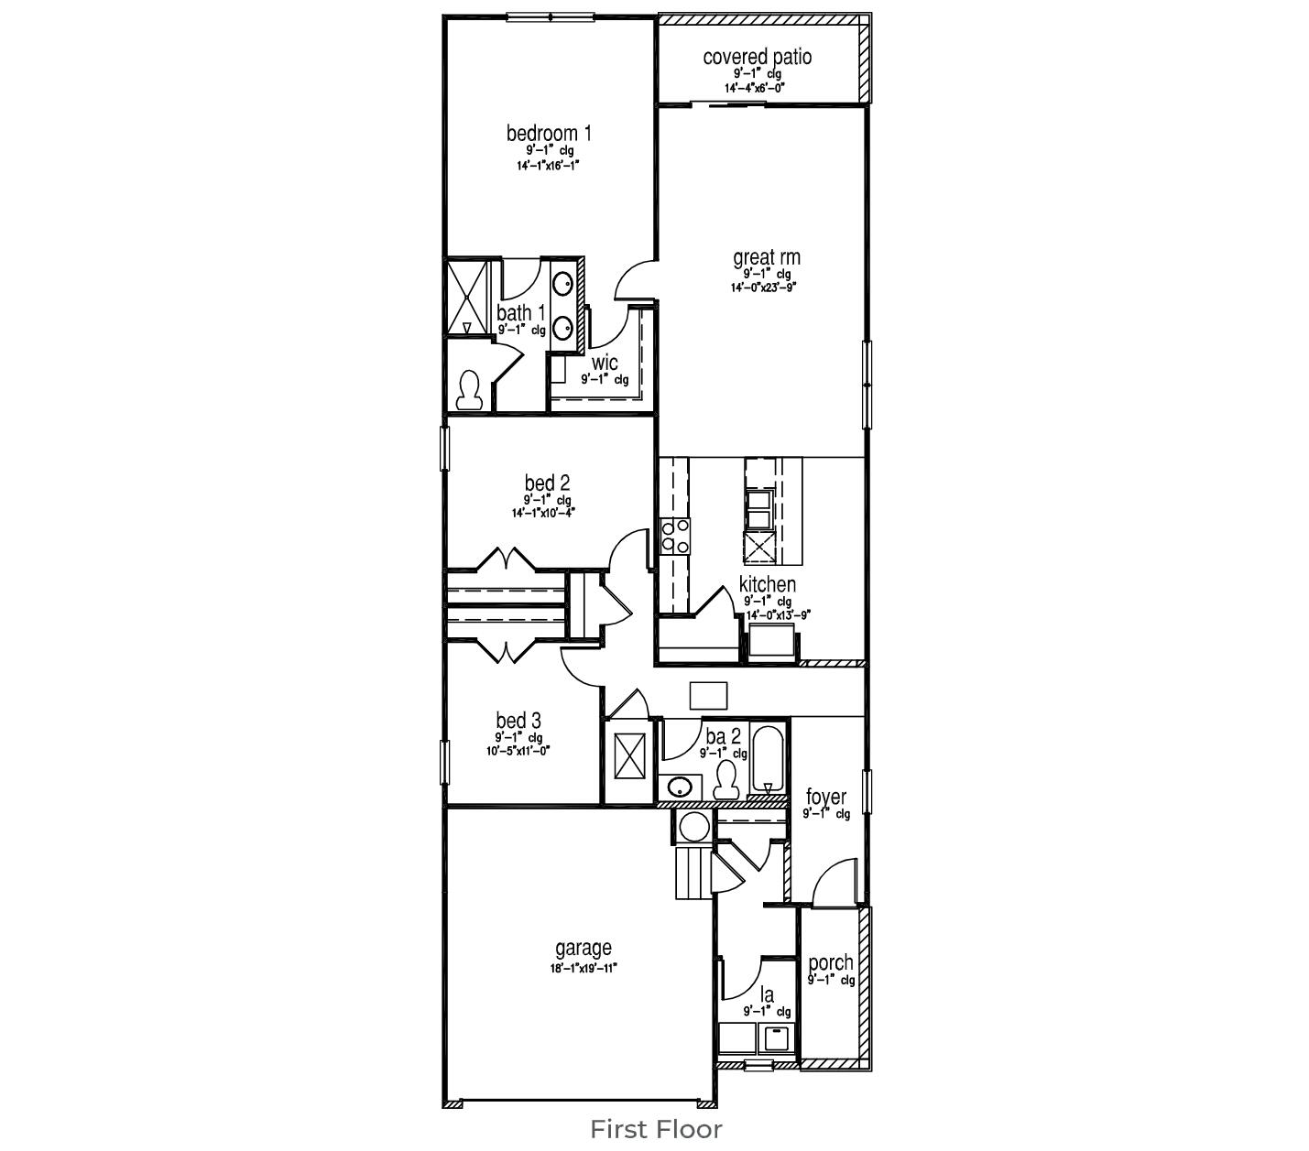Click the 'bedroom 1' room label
549,134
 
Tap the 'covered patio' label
757,57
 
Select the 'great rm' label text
766,258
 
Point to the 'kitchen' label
767,584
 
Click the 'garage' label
583,949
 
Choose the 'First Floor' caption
655,1129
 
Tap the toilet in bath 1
469,390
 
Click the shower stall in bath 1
467,299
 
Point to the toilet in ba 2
726,779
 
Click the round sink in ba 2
679,787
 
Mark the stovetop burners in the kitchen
674,536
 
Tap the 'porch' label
830,962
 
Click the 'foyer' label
825,797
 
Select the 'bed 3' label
518,721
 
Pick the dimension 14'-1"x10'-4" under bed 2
543,514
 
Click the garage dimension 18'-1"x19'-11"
584,968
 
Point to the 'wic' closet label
605,363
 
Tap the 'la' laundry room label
767,994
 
